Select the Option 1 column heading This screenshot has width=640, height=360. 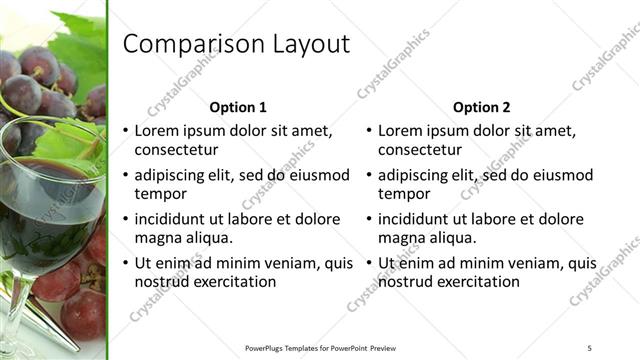(x=238, y=107)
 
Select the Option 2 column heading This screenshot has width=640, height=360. (x=481, y=107)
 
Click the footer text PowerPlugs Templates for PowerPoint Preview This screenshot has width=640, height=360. (x=321, y=347)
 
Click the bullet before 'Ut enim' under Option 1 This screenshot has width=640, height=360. (x=125, y=264)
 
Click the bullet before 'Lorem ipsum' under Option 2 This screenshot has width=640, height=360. (x=368, y=131)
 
